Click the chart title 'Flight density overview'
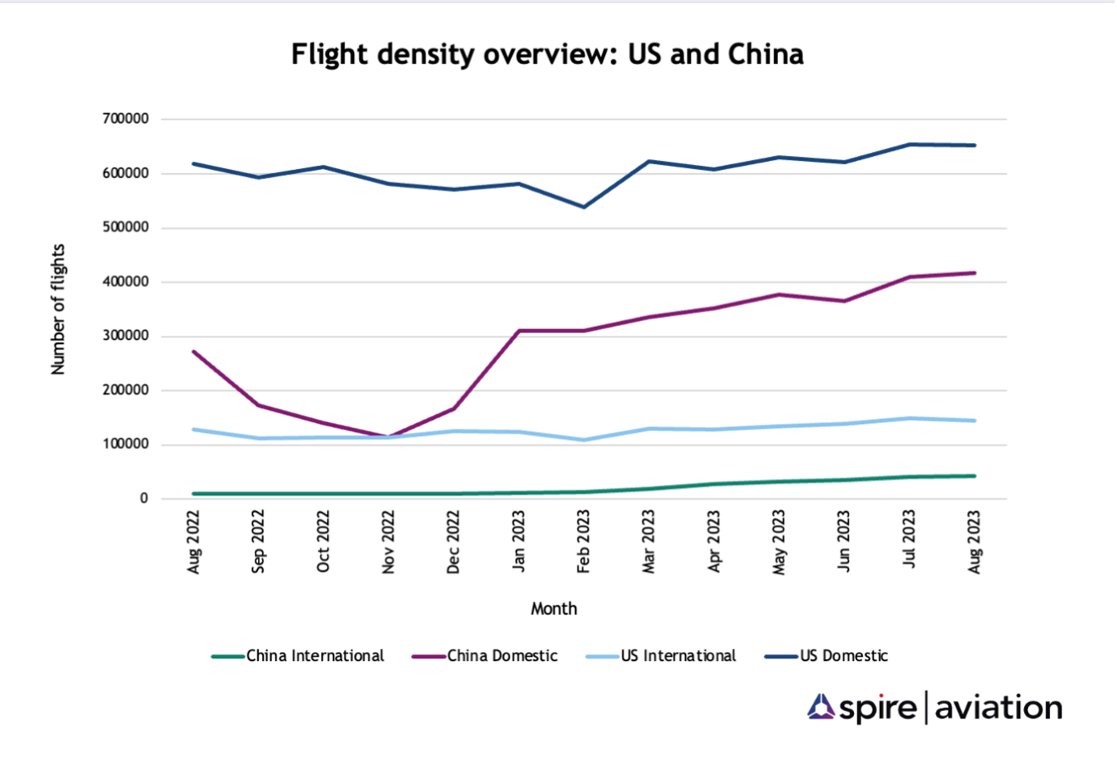click(x=547, y=54)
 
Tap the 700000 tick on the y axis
click(x=125, y=119)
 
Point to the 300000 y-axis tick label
click(x=125, y=336)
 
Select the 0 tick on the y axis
click(x=144, y=498)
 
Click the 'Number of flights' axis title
click(x=58, y=309)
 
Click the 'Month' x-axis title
click(x=553, y=608)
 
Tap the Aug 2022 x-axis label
click(x=193, y=542)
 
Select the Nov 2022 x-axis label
click(x=388, y=542)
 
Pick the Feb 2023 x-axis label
click(x=583, y=542)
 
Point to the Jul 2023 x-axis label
click(x=909, y=539)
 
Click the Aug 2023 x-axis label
click(x=974, y=542)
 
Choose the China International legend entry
click(x=315, y=656)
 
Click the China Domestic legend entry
click(x=501, y=656)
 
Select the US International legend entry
click(x=678, y=656)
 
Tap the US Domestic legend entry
click(x=844, y=656)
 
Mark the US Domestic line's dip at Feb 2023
click(x=583, y=207)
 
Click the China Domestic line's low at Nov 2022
click(x=388, y=438)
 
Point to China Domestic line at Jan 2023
click(x=518, y=331)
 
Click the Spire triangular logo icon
click(x=821, y=707)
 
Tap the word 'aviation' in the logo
click(x=998, y=708)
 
